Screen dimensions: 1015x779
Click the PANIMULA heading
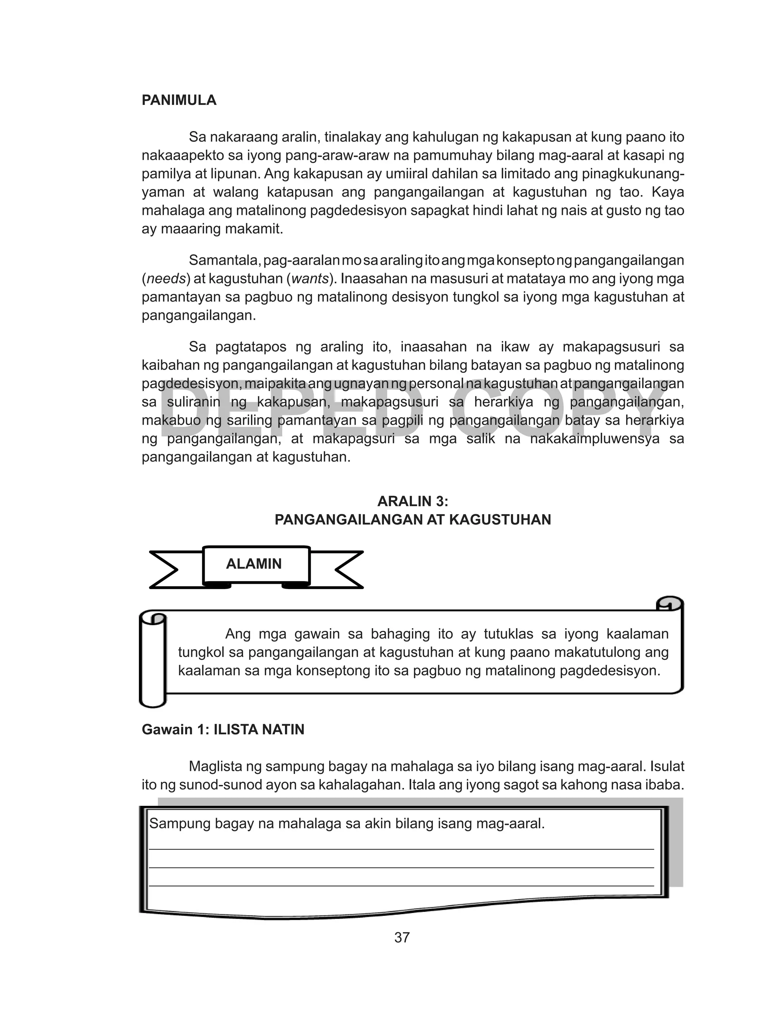[x=179, y=100]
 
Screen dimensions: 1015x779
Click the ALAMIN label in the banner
[x=254, y=564]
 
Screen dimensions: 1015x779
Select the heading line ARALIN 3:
[x=413, y=502]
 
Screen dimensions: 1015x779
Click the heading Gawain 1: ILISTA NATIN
[x=223, y=729]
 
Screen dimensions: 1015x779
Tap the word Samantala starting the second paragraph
[x=224, y=261]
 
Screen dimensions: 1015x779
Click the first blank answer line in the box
[x=401, y=848]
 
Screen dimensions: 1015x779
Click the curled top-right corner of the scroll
[x=669, y=604]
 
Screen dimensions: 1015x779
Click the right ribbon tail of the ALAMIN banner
[x=347, y=570]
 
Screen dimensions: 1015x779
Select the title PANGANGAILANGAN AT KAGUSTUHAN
[x=413, y=520]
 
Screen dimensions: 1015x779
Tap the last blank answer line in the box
[x=401, y=886]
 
